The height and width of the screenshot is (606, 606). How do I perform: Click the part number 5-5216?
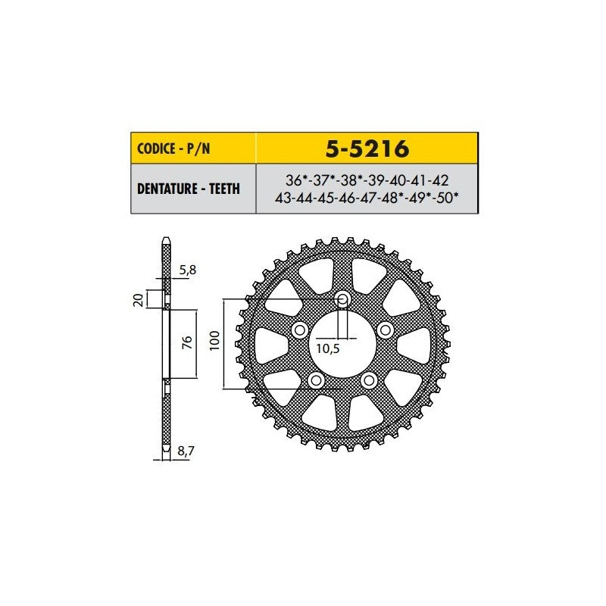[367, 148]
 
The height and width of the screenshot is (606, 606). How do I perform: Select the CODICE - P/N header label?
[173, 148]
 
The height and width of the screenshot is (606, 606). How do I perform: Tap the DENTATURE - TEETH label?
[189, 189]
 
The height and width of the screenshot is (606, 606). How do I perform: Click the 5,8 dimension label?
[188, 270]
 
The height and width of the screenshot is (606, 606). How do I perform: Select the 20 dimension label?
[138, 300]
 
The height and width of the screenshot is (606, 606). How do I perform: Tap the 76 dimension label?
[186, 342]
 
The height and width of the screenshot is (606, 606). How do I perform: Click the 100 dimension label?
[214, 340]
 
